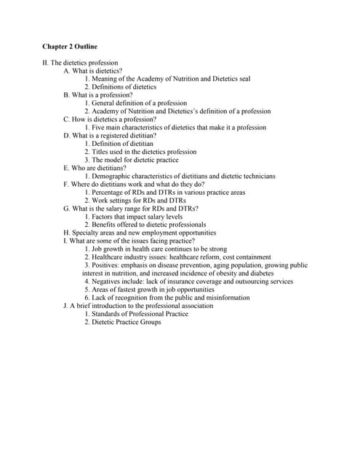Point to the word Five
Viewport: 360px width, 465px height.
coord(99,127)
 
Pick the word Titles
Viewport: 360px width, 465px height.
coord(101,152)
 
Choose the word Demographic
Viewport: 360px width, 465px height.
coord(113,176)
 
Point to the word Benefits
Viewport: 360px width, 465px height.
coord(105,225)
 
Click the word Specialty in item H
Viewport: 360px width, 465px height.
coord(87,233)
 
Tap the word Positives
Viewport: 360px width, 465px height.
coord(106,265)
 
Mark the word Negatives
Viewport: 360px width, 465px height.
coord(108,281)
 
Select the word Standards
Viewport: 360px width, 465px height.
coord(108,314)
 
